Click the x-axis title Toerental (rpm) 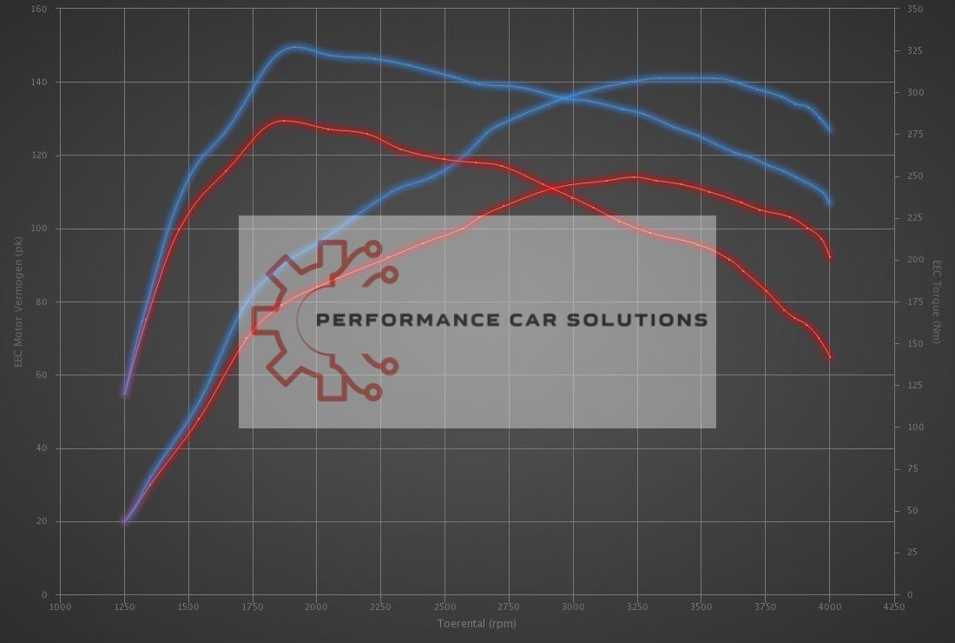click(477, 623)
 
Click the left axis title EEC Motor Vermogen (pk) click(18, 302)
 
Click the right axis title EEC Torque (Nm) click(937, 302)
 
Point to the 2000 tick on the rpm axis click(316, 607)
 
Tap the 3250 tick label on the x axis click(636, 607)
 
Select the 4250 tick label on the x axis click(893, 607)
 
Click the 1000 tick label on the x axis click(59, 607)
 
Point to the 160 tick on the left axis click(40, 9)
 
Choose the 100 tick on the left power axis click(40, 229)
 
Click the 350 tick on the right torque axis click(914, 9)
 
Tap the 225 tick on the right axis click(914, 218)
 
